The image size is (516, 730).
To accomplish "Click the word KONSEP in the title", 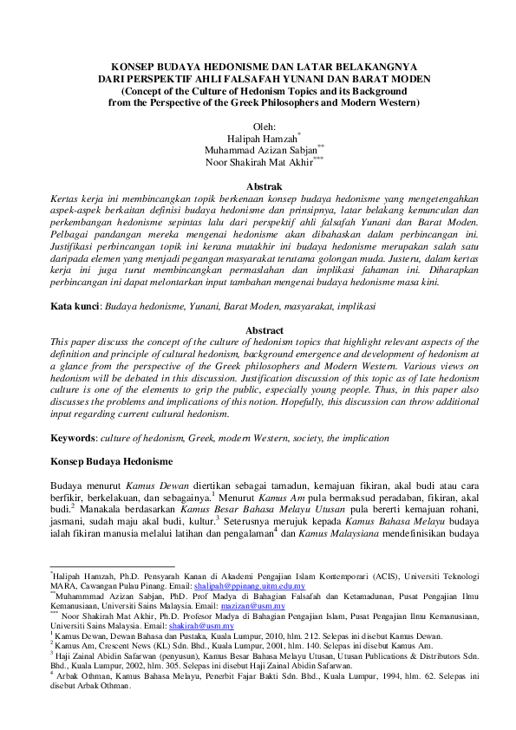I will point(127,66).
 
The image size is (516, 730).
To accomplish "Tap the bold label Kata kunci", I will point(75,306).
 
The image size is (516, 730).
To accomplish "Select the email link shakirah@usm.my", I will point(213,625).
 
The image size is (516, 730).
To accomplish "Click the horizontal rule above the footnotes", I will point(112,567).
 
